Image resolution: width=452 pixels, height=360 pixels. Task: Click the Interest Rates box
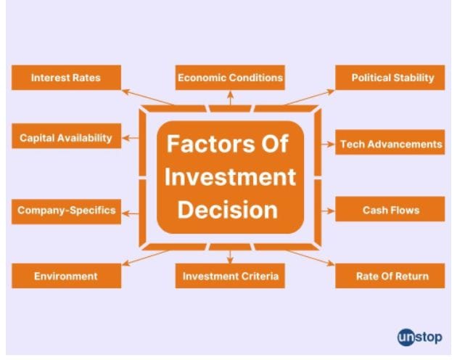click(66, 78)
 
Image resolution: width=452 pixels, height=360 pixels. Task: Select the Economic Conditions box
click(230, 78)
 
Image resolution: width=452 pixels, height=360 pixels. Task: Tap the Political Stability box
click(390, 78)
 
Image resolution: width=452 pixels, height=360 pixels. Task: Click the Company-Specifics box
click(66, 211)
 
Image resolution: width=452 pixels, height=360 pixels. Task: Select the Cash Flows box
click(390, 209)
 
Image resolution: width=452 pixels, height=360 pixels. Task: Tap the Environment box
click(66, 276)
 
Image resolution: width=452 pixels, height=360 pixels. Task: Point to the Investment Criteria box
click(230, 276)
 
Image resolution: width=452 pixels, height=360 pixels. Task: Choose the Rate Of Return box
click(390, 276)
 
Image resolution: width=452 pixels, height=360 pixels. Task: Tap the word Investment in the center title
click(230, 176)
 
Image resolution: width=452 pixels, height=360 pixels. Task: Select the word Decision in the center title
click(227, 210)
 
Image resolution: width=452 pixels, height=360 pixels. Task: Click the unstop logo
click(419, 337)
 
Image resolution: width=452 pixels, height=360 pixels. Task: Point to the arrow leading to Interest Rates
click(147, 97)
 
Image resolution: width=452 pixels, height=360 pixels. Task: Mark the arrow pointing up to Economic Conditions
click(230, 98)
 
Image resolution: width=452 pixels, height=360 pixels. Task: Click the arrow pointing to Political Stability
click(310, 97)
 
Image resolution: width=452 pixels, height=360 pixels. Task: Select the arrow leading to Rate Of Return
click(311, 258)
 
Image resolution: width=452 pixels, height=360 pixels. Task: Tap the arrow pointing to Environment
click(145, 258)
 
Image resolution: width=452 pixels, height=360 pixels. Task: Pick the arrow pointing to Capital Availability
click(131, 138)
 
